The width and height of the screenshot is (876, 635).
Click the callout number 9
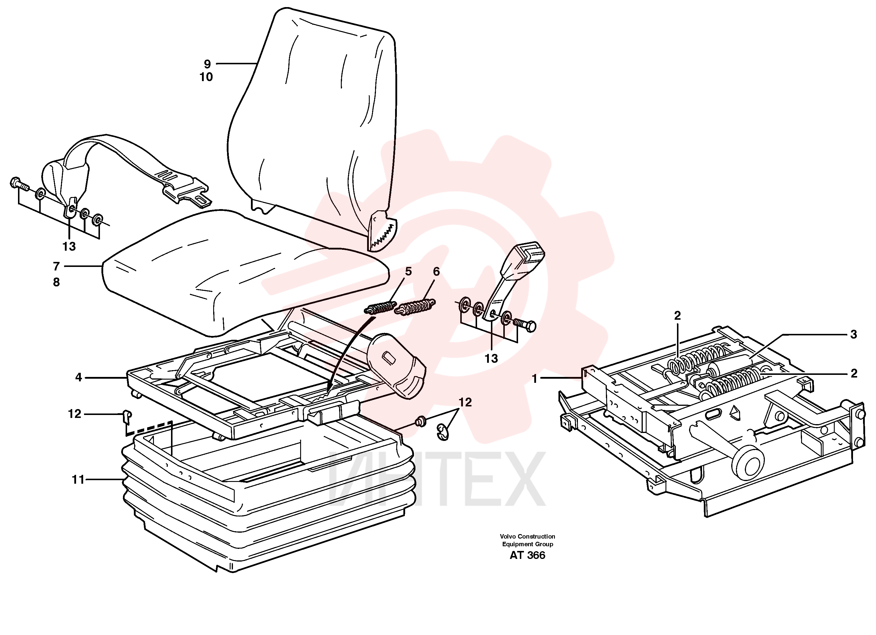point(207,64)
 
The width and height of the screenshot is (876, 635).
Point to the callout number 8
point(56,282)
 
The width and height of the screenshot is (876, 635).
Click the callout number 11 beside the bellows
point(78,480)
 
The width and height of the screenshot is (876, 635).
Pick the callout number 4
point(78,377)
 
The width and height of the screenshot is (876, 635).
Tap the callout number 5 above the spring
point(408,272)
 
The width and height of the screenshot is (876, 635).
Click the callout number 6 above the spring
point(436,272)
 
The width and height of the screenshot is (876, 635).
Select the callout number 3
point(854,334)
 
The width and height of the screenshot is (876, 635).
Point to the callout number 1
point(535,379)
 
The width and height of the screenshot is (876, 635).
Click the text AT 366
point(527,555)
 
